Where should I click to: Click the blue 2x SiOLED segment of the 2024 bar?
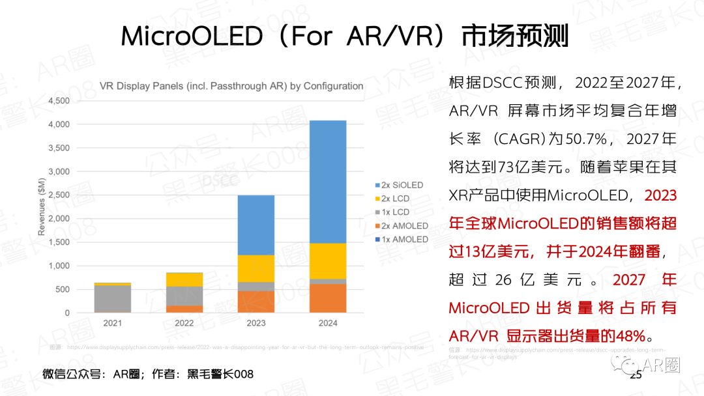[328, 182]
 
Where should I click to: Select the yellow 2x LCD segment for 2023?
[256, 268]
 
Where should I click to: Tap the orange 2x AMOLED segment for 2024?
[328, 298]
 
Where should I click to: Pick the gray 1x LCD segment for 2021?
[112, 299]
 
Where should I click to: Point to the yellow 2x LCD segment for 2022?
[184, 279]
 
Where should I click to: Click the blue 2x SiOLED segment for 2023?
[256, 225]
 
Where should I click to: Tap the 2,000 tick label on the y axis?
[57, 218]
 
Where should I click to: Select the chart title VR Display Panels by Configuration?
[231, 86]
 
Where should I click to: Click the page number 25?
[636, 375]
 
